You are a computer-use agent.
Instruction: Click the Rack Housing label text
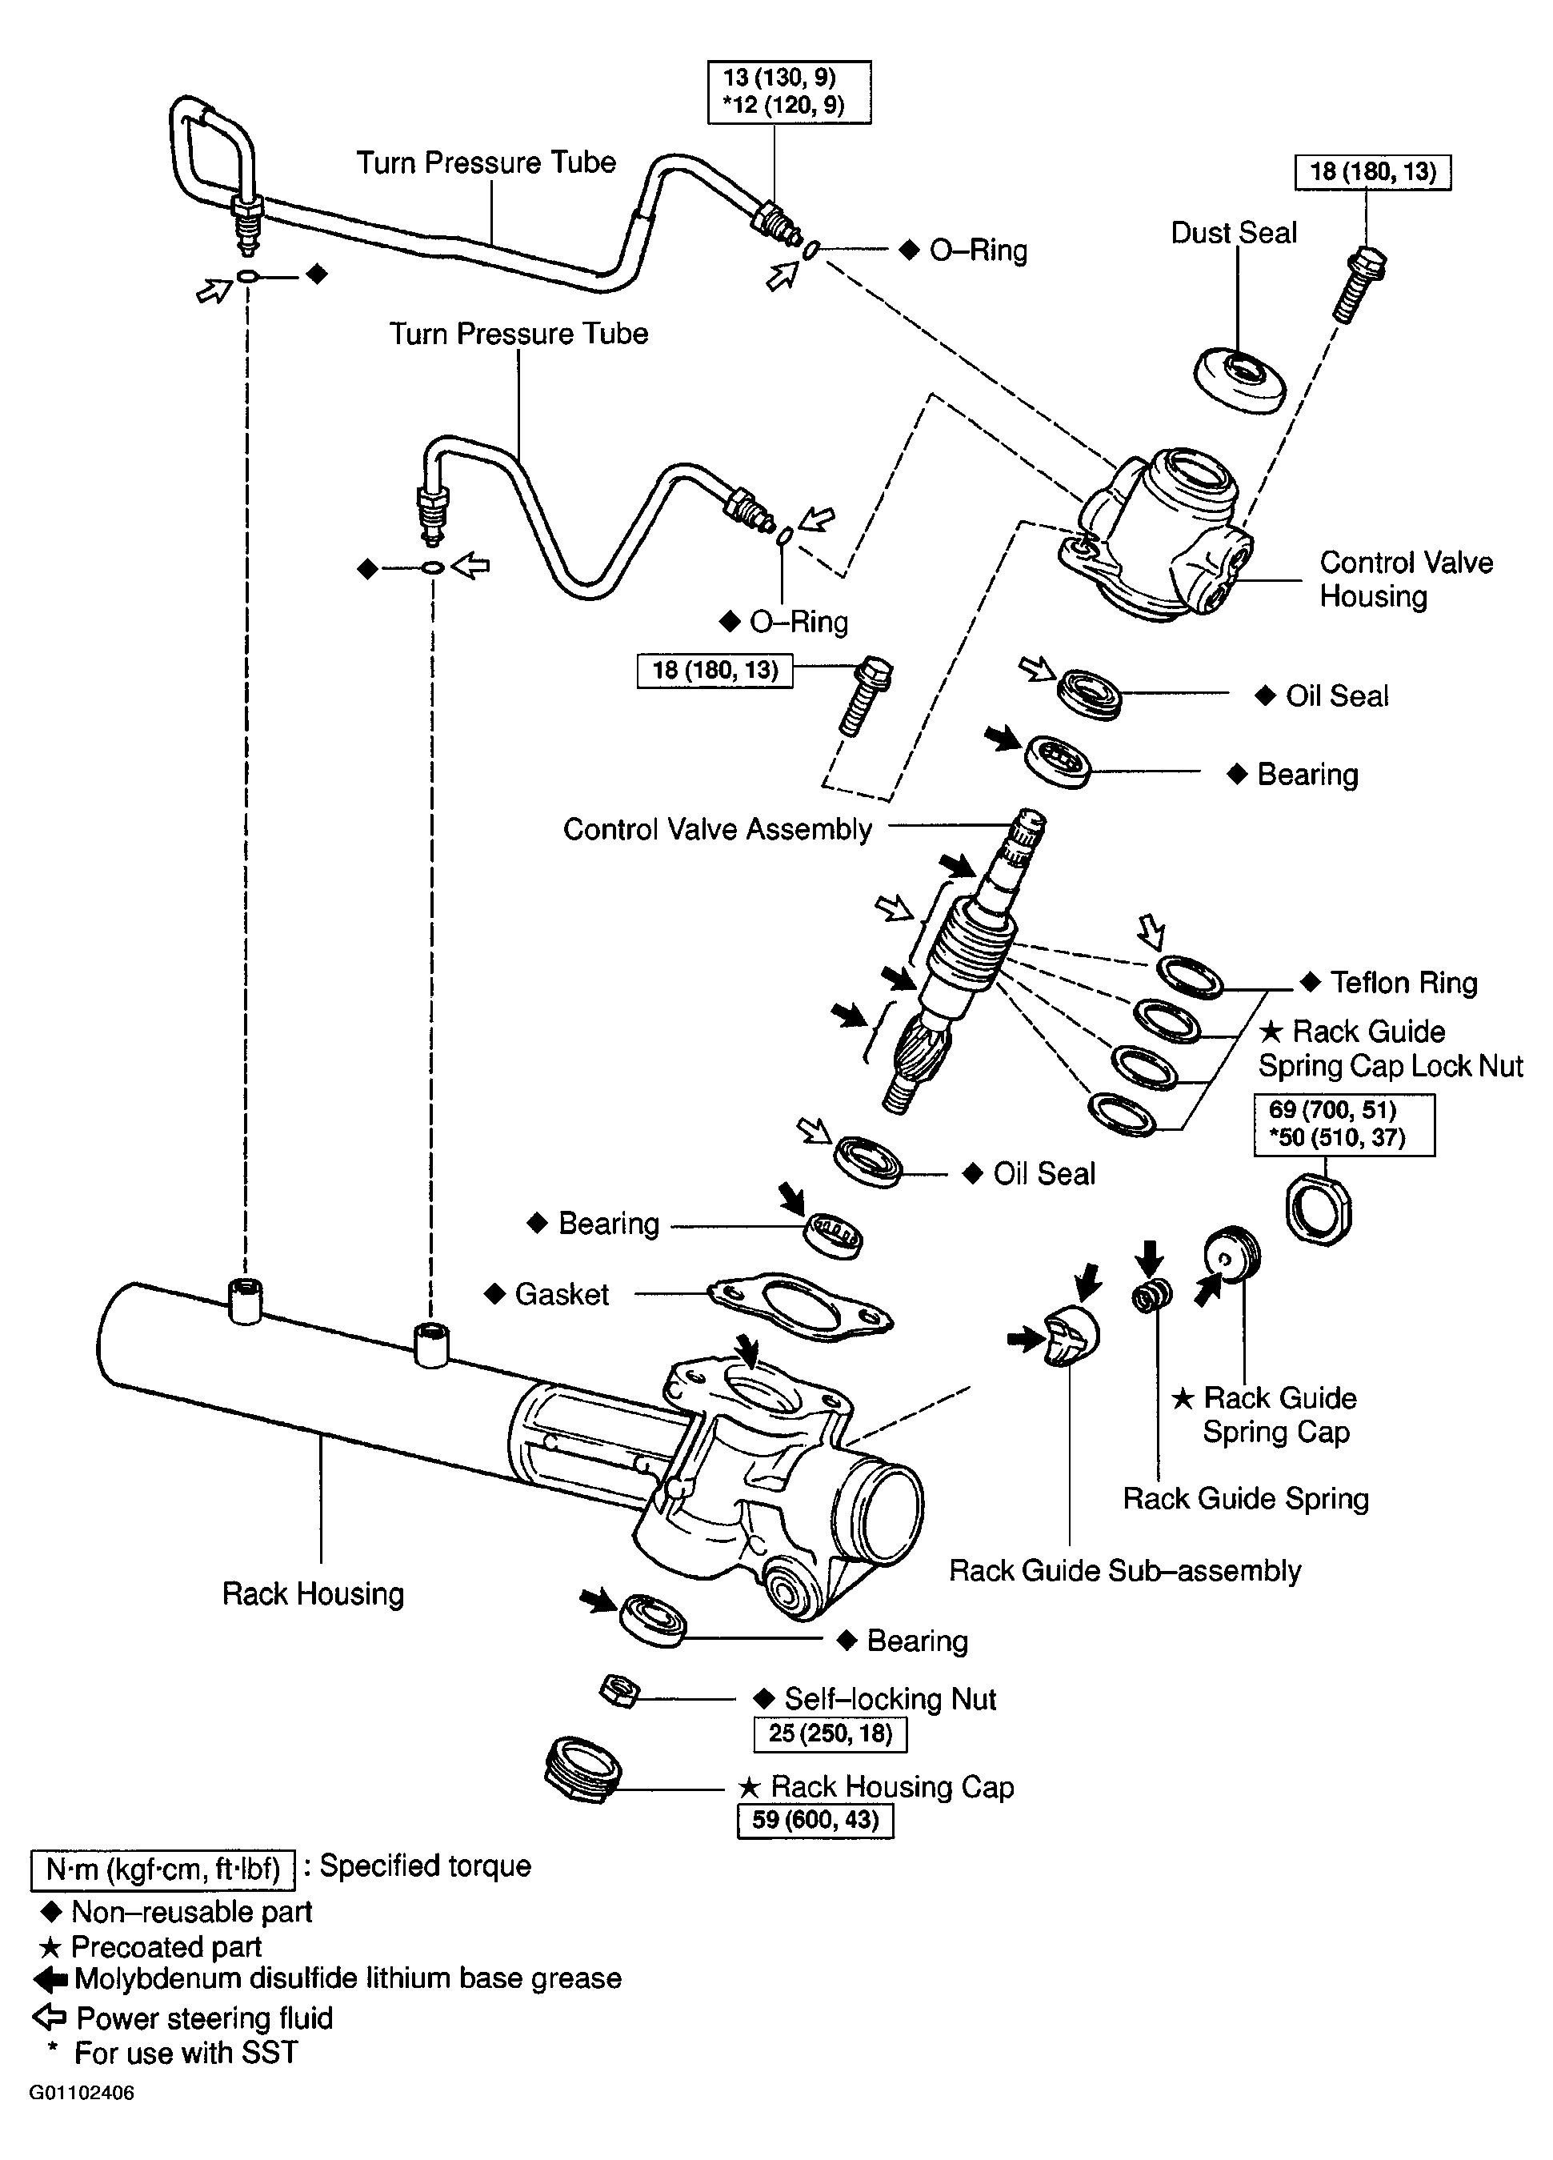312,1593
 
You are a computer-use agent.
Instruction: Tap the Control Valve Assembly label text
717,830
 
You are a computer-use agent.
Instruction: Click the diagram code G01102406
81,2094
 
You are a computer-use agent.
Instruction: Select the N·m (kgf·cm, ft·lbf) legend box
163,1869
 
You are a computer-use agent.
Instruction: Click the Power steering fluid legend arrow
50,2016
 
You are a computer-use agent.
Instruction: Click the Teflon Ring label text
1403,982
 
